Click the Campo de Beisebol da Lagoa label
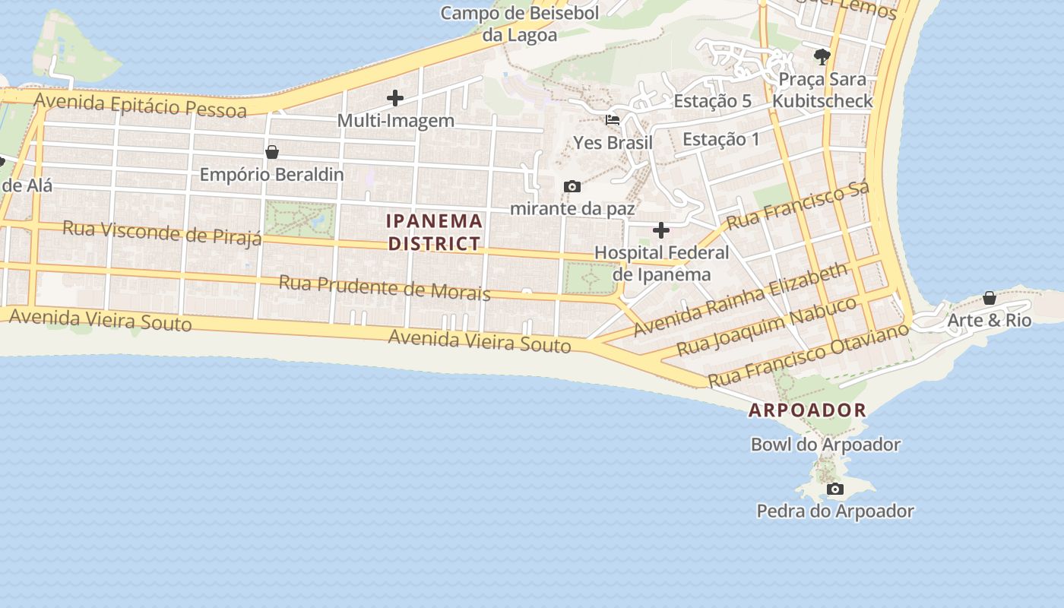(520, 24)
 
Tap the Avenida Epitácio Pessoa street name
(141, 106)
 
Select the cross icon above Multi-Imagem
(395, 98)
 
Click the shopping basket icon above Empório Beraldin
(271, 152)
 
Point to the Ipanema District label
(435, 233)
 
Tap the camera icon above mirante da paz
(572, 186)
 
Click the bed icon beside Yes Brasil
(613, 120)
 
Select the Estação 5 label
(712, 101)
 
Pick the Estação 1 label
(720, 139)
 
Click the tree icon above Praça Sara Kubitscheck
(822, 56)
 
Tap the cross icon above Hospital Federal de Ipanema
(661, 230)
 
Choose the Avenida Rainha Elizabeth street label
(740, 299)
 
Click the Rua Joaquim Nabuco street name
(767, 327)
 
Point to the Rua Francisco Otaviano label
(808, 354)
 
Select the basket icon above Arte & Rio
(990, 298)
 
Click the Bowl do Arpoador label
(825, 445)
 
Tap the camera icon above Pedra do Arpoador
(835, 489)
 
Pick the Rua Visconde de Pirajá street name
(162, 233)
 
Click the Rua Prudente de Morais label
(385, 288)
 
